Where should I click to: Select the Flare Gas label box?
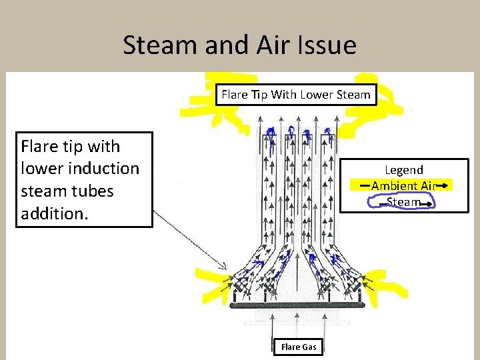click(x=299, y=347)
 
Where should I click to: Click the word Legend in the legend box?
click(x=403, y=170)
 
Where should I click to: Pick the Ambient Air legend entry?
click(x=403, y=186)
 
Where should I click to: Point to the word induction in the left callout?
click(x=99, y=168)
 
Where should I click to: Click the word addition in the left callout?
click(x=51, y=214)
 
